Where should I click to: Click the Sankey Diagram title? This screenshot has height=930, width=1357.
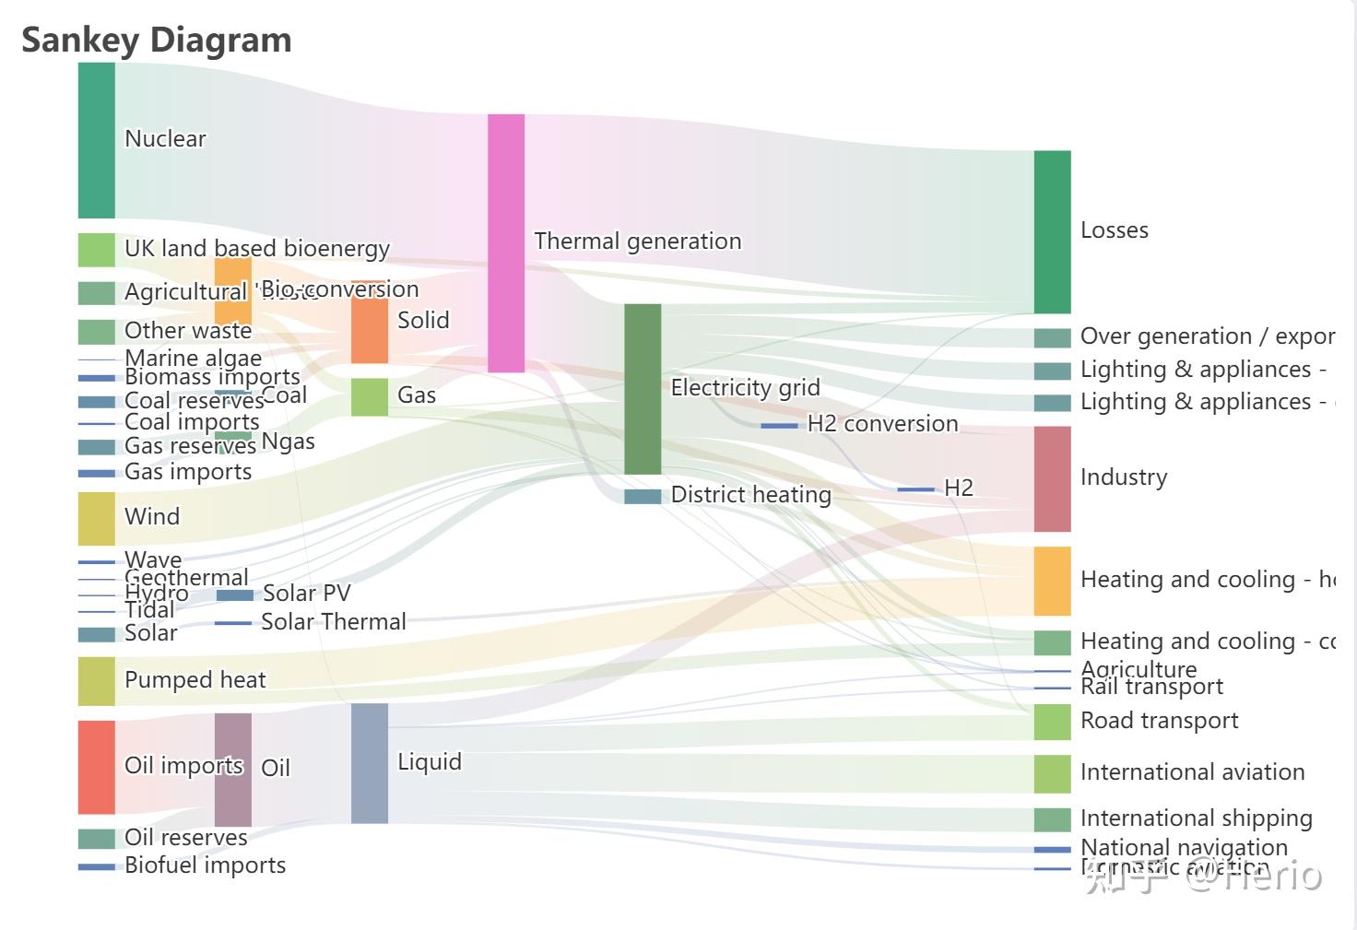pyautogui.click(x=157, y=40)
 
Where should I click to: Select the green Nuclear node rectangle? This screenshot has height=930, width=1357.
pyautogui.click(x=96, y=140)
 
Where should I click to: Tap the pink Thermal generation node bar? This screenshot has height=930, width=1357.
pyautogui.click(x=505, y=243)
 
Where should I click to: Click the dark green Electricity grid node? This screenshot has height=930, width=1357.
pyautogui.click(x=643, y=388)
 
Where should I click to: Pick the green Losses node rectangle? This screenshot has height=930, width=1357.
pyautogui.click(x=1052, y=231)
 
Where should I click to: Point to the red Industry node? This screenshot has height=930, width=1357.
pyautogui.click(x=1052, y=478)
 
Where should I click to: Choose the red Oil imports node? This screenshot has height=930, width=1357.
pyautogui.click(x=96, y=767)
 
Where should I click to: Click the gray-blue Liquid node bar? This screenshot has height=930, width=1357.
pyautogui.click(x=369, y=762)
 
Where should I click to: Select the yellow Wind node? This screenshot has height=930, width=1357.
pyautogui.click(x=96, y=518)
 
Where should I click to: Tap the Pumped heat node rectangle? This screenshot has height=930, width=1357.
pyautogui.click(x=96, y=681)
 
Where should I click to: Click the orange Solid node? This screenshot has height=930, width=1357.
pyautogui.click(x=369, y=329)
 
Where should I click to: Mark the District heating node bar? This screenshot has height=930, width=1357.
pyautogui.click(x=643, y=496)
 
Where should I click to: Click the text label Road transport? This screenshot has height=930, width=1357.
pyautogui.click(x=1159, y=721)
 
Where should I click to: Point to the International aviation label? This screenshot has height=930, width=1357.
pyautogui.click(x=1192, y=772)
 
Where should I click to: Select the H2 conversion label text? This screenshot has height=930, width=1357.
pyautogui.click(x=882, y=424)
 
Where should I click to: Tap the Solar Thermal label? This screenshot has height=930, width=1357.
pyautogui.click(x=333, y=622)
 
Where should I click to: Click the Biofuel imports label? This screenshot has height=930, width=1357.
pyautogui.click(x=205, y=865)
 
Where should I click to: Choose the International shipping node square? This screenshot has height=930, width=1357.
pyautogui.click(x=1052, y=818)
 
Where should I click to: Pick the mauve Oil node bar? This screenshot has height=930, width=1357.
pyautogui.click(x=232, y=770)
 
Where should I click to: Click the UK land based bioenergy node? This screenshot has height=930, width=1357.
pyautogui.click(x=96, y=250)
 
